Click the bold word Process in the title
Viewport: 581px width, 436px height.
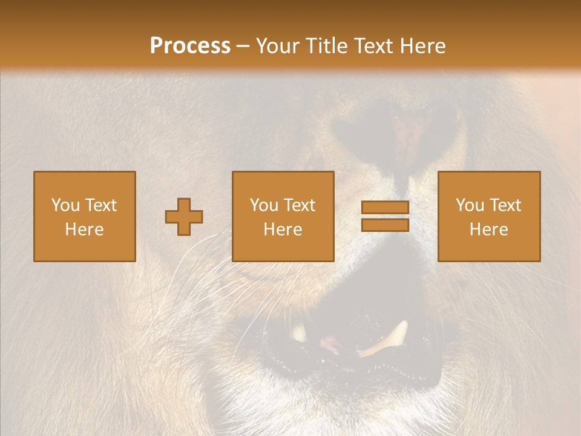tap(190, 46)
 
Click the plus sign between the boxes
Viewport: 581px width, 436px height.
tap(184, 216)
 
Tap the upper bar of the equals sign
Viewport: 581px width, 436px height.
tap(385, 208)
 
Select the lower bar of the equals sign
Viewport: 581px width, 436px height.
tap(385, 225)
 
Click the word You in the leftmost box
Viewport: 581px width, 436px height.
tap(65, 205)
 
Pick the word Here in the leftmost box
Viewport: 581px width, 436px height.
tap(84, 230)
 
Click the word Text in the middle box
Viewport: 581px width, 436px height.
tap(299, 205)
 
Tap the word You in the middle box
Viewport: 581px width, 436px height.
tap(264, 205)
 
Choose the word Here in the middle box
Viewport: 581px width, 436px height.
tap(283, 230)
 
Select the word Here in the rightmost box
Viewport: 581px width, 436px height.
tap(488, 230)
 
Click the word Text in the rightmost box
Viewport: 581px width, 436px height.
tap(505, 205)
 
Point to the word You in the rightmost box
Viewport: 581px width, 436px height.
tap(470, 205)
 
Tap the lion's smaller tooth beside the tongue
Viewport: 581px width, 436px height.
tap(299, 333)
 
